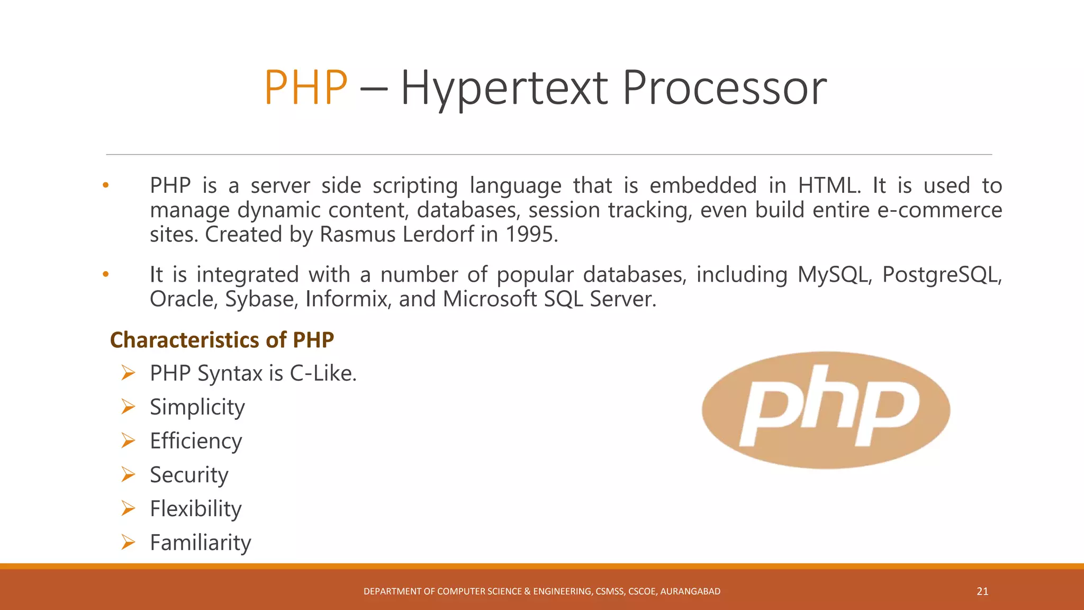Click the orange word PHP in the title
(305, 88)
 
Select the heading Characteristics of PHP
(222, 340)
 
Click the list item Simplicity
(197, 407)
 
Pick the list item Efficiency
(196, 441)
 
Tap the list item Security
(189, 475)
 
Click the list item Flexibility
(196, 509)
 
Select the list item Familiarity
(201, 543)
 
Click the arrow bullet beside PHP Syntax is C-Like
(128, 373)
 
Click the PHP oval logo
(826, 410)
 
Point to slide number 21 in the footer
(982, 591)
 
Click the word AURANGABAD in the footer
(690, 591)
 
